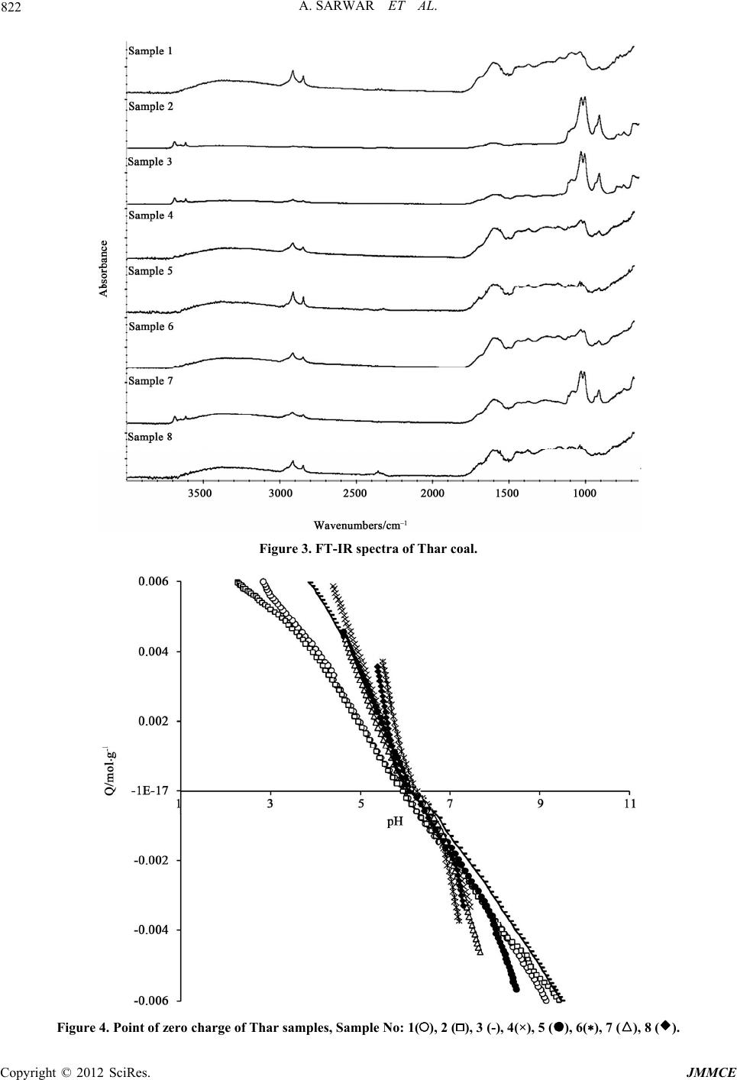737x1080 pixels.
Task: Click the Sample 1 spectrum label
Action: tap(150, 51)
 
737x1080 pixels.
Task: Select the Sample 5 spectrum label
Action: tap(150, 271)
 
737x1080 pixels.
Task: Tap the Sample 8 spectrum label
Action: tap(150, 437)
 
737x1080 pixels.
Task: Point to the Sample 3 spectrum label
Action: tap(150, 161)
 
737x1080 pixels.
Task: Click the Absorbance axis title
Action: tap(104, 269)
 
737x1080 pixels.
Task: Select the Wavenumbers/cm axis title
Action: tap(361, 525)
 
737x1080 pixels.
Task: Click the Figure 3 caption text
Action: tap(368, 549)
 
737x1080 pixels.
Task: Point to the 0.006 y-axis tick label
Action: tap(154, 582)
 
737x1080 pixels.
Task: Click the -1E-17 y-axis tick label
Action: tap(151, 791)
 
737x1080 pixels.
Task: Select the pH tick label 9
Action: tap(540, 804)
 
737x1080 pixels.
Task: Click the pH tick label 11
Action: tap(630, 804)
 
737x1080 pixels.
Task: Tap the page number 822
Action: tap(11, 8)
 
